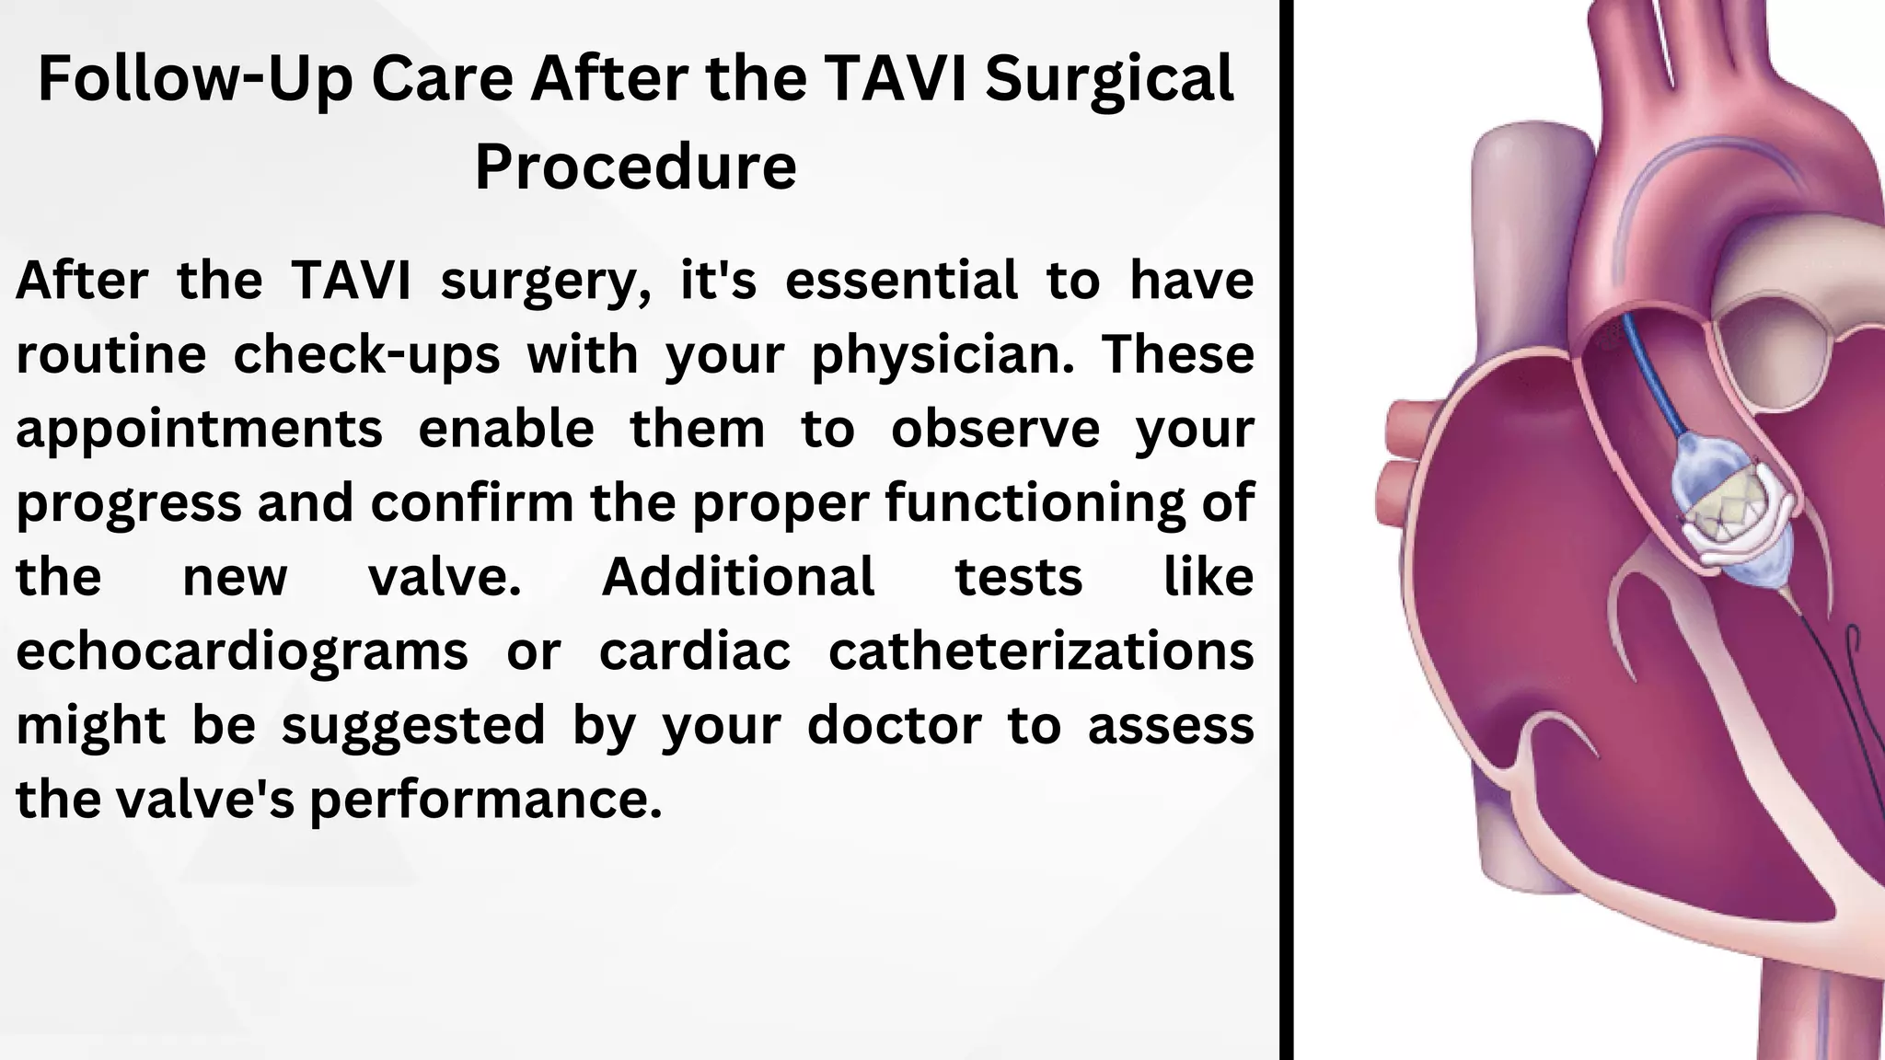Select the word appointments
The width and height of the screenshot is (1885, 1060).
(x=199, y=430)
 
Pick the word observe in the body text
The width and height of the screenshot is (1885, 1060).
(x=995, y=429)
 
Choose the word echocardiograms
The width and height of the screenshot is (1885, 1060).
(x=242, y=651)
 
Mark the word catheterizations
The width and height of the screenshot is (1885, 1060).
(x=1041, y=651)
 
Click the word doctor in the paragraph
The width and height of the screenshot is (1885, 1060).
(x=894, y=725)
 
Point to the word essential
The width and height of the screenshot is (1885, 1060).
(x=901, y=280)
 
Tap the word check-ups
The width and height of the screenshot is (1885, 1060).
(x=366, y=355)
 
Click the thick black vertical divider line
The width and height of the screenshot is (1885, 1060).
(x=1287, y=530)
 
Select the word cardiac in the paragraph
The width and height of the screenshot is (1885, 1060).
(x=695, y=651)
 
